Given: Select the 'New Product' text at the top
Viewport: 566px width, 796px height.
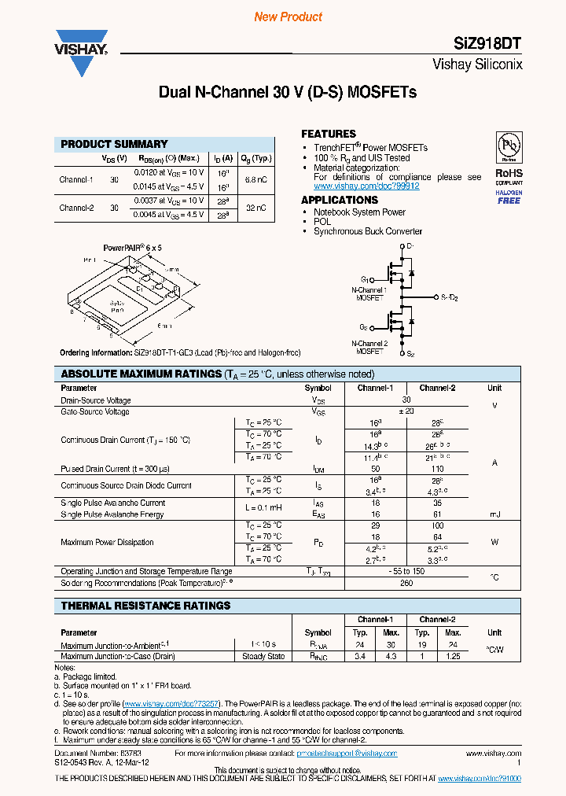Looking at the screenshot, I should pyautogui.click(x=288, y=17).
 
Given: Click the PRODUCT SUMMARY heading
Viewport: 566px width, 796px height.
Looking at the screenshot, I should pyautogui.click(x=114, y=144).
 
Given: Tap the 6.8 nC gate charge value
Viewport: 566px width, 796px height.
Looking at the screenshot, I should pyautogui.click(x=256, y=179).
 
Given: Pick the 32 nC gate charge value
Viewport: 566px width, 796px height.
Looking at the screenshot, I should pyautogui.click(x=256, y=208).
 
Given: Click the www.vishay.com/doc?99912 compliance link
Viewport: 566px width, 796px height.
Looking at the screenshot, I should pyautogui.click(x=366, y=186).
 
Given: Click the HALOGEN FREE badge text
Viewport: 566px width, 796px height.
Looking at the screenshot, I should pyautogui.click(x=509, y=197).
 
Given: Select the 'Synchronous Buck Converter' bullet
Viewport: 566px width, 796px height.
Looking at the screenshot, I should pyautogui.click(x=368, y=231).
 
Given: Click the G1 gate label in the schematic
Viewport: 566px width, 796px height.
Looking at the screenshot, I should pyautogui.click(x=366, y=279).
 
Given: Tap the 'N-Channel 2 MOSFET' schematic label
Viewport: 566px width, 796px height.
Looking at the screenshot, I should pyautogui.click(x=369, y=348).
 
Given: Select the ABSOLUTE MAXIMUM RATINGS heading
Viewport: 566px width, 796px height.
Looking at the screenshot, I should pyautogui.click(x=141, y=374).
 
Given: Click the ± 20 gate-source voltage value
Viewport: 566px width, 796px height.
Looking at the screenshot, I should pyautogui.click(x=406, y=411).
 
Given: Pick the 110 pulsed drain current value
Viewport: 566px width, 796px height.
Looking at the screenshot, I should pyautogui.click(x=437, y=469).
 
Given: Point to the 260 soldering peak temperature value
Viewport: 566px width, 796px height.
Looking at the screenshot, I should pyautogui.click(x=406, y=583).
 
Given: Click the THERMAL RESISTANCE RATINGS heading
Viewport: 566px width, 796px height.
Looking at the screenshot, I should pyautogui.click(x=145, y=606).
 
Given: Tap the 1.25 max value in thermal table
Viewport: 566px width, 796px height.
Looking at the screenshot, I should pyautogui.click(x=453, y=655).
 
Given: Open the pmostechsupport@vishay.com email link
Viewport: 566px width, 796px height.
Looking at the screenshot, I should pyautogui.click(x=347, y=754).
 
